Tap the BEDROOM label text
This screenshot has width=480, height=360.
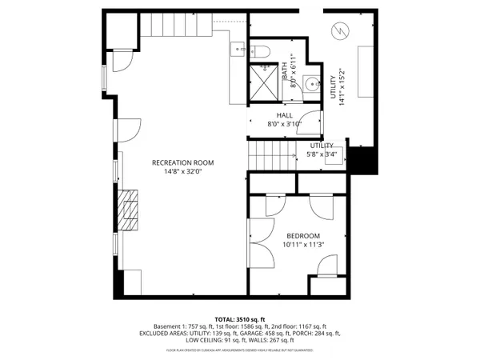[x=303, y=235]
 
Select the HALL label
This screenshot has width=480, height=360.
[x=285, y=115]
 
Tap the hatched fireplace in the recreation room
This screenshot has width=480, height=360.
[x=128, y=210]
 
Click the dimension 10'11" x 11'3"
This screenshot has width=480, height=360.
[x=303, y=245]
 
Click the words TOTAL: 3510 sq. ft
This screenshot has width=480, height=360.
[x=240, y=318]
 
